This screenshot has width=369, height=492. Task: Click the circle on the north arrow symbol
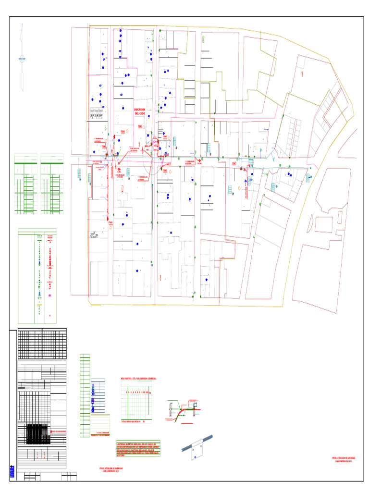point(22,59)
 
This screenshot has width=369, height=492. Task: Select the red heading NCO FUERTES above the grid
point(140,379)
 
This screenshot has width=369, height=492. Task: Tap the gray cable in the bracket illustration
point(197,444)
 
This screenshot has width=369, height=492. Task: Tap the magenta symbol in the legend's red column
point(50,294)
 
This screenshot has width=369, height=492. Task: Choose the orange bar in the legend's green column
point(39,305)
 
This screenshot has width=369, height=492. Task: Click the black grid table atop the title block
point(42,344)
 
